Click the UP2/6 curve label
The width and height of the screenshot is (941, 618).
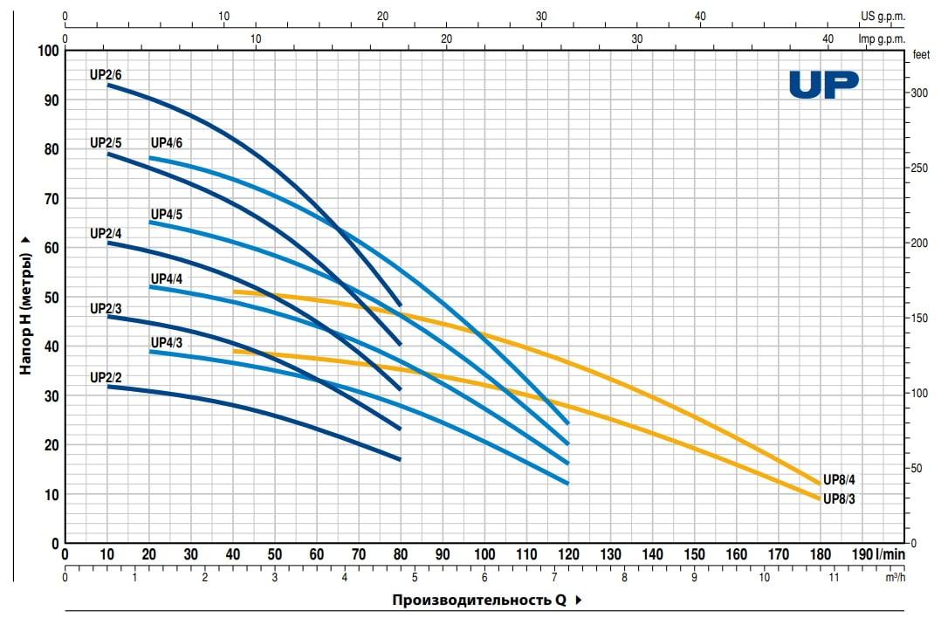pyautogui.click(x=106, y=75)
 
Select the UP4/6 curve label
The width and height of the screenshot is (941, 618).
pyautogui.click(x=167, y=143)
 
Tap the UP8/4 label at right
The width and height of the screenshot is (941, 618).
pyautogui.click(x=841, y=478)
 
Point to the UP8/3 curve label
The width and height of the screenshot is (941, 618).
pyautogui.click(x=841, y=499)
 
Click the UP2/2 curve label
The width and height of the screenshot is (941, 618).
pyautogui.click(x=106, y=378)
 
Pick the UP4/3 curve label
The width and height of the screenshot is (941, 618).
pyautogui.click(x=167, y=342)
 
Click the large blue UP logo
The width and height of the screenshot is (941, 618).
pyautogui.click(x=823, y=85)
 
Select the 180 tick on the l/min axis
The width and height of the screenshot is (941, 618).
pyautogui.click(x=821, y=554)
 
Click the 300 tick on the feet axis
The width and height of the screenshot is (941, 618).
pyautogui.click(x=919, y=92)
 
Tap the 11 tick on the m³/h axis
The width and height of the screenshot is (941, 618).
pyautogui.click(x=834, y=578)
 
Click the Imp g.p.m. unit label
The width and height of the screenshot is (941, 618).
pyautogui.click(x=882, y=38)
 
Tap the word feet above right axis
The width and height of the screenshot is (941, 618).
pyautogui.click(x=920, y=54)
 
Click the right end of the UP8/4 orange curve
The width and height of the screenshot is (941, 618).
pyautogui.click(x=820, y=483)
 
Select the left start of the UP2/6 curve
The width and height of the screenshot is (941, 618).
pyautogui.click(x=108, y=85)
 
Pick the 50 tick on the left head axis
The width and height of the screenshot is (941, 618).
pyautogui.click(x=50, y=298)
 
